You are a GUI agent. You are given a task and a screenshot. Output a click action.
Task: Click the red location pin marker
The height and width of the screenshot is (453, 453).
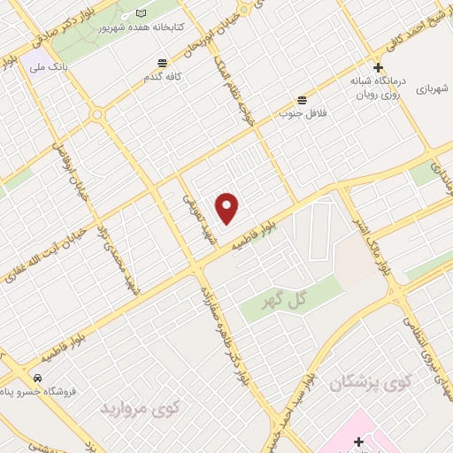(228, 208)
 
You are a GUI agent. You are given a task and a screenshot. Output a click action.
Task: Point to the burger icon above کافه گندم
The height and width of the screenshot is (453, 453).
(162, 63)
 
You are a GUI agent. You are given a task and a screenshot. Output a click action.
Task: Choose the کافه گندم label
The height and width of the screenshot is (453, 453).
(164, 77)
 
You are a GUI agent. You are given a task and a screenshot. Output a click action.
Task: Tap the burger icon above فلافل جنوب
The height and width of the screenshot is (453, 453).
(303, 99)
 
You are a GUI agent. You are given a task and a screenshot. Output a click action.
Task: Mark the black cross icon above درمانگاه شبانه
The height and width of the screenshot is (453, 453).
(378, 67)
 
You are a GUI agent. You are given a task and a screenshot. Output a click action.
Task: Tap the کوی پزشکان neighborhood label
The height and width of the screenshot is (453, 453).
(371, 382)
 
